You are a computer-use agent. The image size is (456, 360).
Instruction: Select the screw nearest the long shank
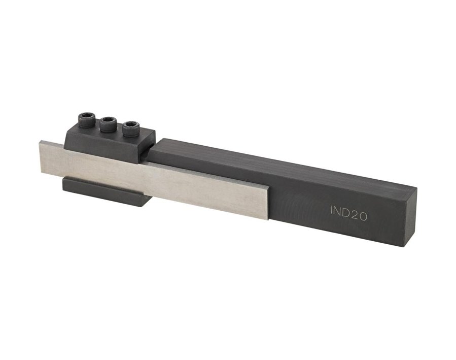click(x=131, y=128)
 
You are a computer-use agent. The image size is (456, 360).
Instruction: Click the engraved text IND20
click(x=348, y=212)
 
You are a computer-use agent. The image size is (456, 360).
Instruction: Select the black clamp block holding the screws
click(x=109, y=142)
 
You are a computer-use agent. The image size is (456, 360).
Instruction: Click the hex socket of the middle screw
click(x=108, y=121)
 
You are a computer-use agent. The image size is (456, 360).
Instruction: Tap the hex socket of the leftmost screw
click(x=85, y=117)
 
